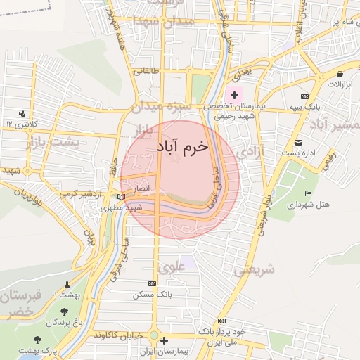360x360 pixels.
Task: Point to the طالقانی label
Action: (148, 70)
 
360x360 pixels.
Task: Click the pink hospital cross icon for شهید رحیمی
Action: (234, 94)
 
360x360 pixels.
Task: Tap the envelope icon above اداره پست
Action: (298, 142)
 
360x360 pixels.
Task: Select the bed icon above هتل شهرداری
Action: (307, 194)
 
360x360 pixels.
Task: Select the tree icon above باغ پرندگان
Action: (65, 311)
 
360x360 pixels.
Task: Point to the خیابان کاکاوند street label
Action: (125, 333)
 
